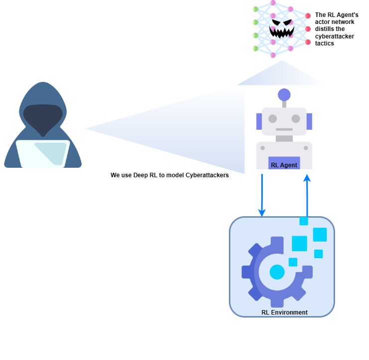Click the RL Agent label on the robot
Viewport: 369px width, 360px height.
pos(284,165)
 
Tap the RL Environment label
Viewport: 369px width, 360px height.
pos(284,313)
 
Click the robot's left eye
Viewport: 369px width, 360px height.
pos(272,119)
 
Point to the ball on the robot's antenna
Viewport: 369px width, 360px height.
pos(284,94)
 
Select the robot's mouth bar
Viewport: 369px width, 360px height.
pos(284,129)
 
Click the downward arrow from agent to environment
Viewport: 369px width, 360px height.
pos(262,195)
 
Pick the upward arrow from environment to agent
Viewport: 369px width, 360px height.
pos(307,195)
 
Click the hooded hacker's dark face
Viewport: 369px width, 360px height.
pos(43,117)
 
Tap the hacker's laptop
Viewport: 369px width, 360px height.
pos(43,153)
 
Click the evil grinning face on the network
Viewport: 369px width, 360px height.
pos(282,29)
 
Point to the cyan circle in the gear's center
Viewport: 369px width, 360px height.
pos(277,272)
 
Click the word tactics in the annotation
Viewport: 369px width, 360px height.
pos(324,43)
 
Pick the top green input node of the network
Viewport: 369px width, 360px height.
pos(255,9)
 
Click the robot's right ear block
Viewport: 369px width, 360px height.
pos(309,121)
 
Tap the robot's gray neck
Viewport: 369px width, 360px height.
pos(284,138)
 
